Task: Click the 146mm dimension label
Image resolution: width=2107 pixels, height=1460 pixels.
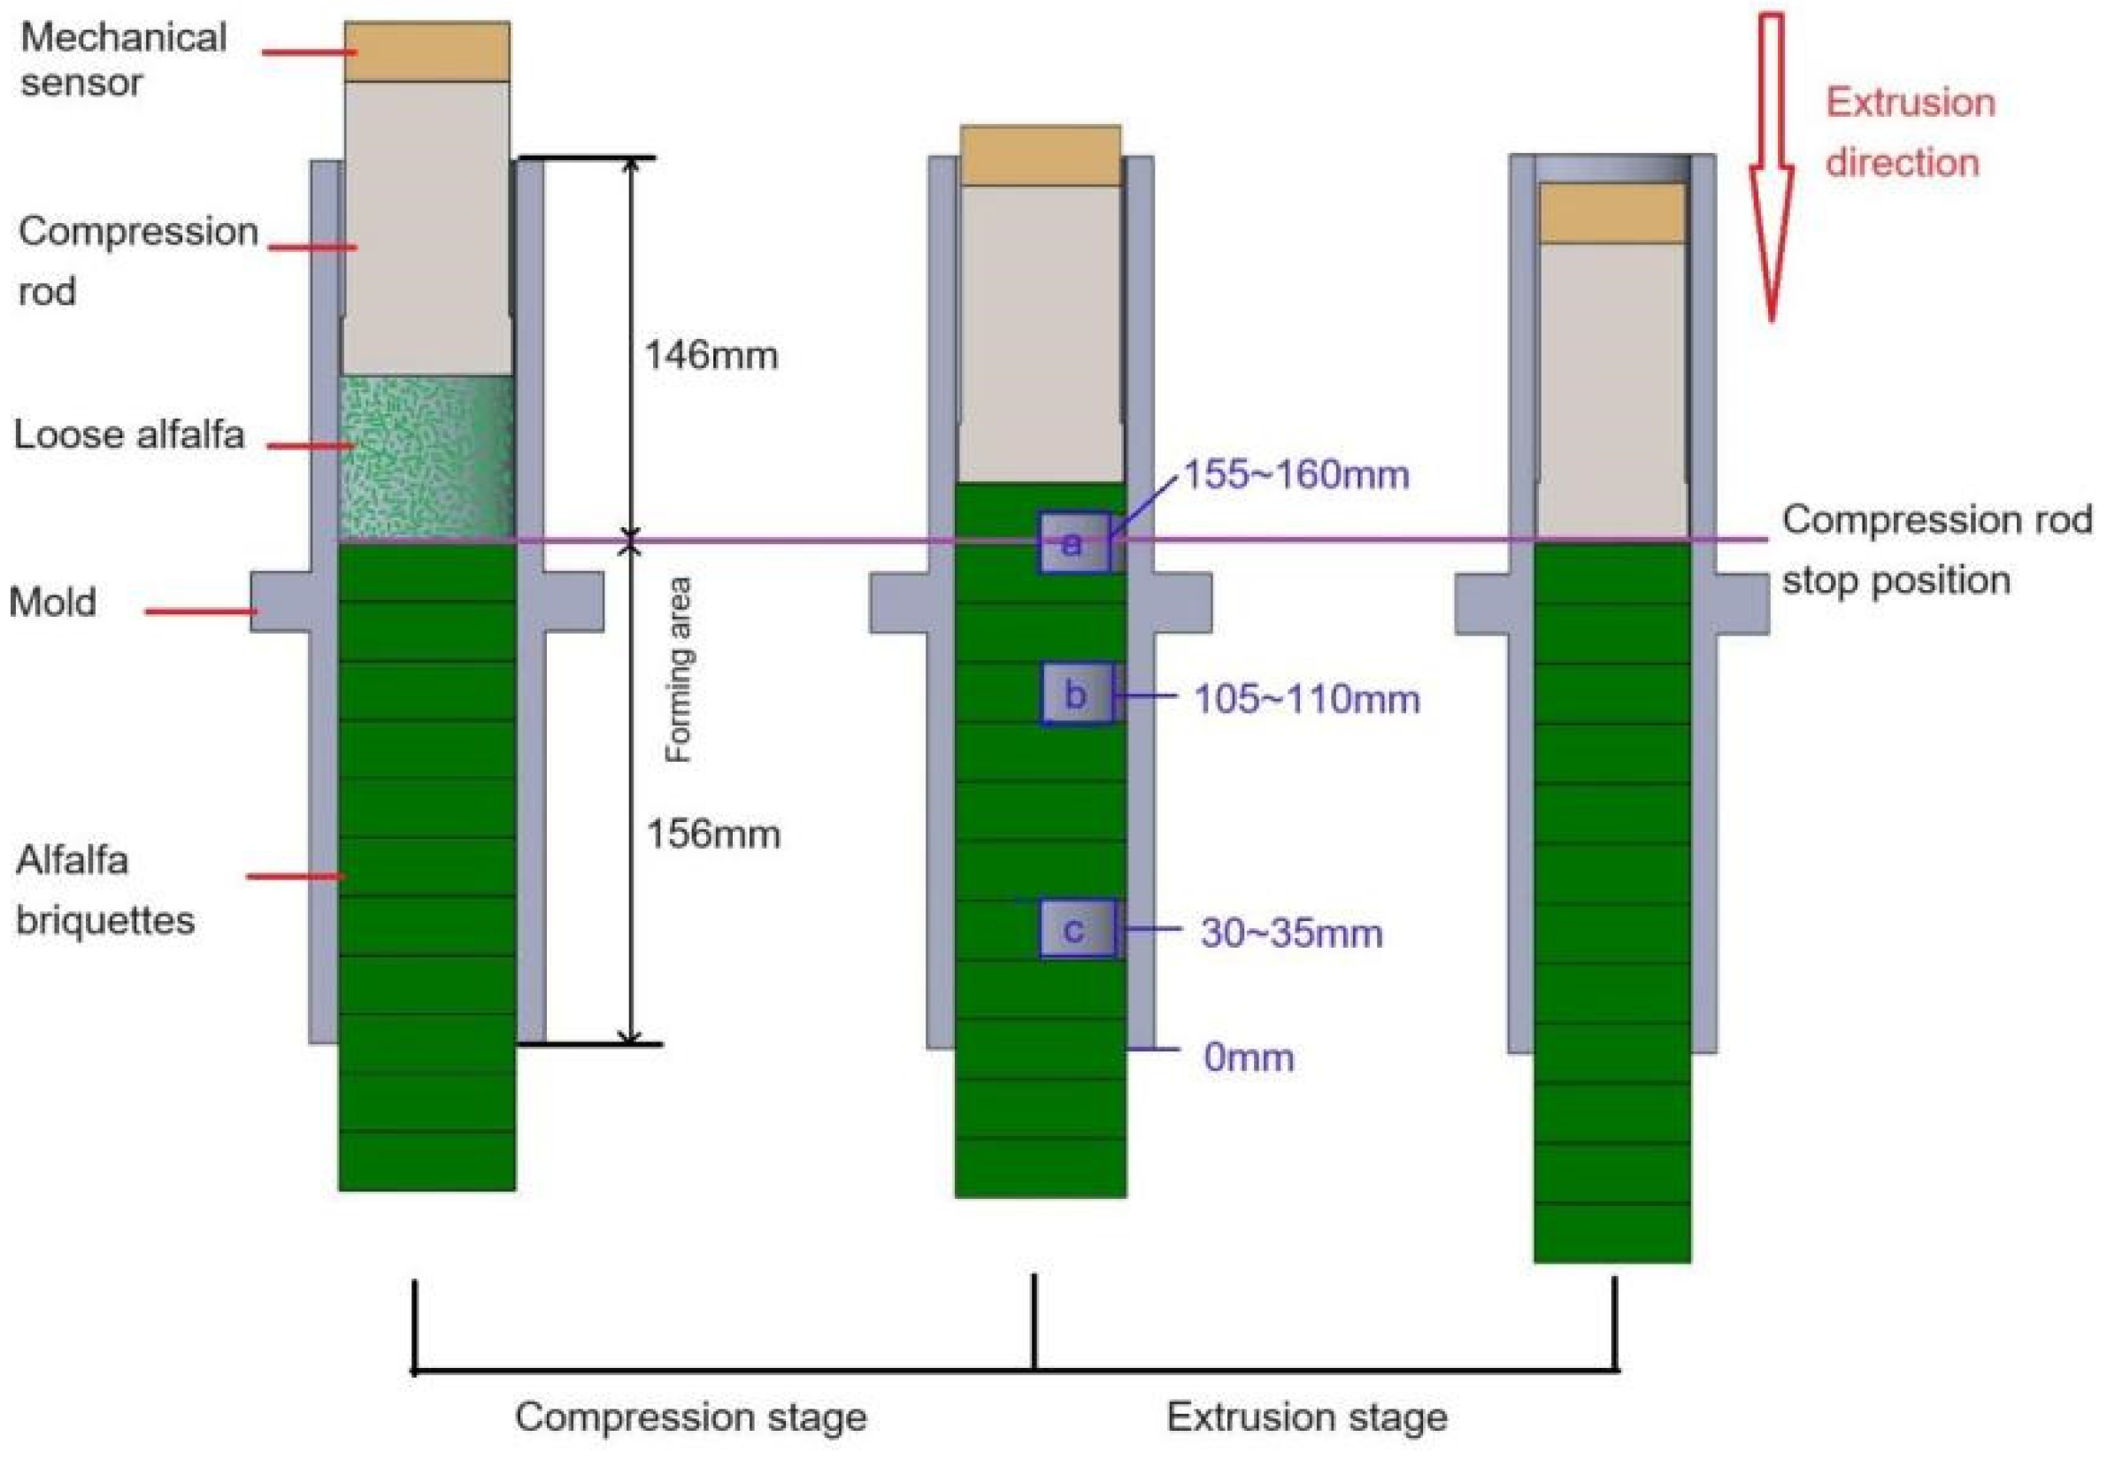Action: (x=711, y=355)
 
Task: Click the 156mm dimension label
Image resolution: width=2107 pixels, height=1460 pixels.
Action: (x=712, y=834)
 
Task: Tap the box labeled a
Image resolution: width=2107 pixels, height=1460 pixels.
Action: (x=1073, y=543)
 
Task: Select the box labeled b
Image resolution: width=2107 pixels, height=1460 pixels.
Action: (x=1076, y=695)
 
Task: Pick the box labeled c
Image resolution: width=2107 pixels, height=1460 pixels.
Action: (x=1076, y=929)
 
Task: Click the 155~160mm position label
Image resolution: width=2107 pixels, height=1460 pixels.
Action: (x=1296, y=475)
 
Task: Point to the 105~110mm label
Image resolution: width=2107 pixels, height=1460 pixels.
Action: (x=1306, y=700)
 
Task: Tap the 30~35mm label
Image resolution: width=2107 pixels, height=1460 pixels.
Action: (x=1291, y=934)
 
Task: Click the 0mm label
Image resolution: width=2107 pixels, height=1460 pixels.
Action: (x=1248, y=1057)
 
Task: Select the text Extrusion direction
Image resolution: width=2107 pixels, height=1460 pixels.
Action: (x=1910, y=133)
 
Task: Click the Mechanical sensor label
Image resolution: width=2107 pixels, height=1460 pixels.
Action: (x=123, y=59)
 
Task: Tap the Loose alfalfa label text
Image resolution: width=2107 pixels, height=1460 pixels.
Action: (x=129, y=434)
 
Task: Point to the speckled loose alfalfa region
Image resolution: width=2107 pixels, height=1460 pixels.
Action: (x=427, y=457)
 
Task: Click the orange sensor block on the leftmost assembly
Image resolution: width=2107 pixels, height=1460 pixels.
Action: (x=427, y=52)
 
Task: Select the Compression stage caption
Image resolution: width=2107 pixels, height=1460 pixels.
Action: (x=690, y=1417)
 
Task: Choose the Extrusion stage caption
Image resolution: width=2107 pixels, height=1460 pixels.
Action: (x=1306, y=1417)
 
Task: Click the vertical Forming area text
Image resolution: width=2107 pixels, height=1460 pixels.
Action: (x=678, y=670)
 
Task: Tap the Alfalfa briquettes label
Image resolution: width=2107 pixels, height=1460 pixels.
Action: (x=104, y=890)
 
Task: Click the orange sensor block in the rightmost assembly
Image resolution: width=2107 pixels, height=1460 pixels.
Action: (x=1612, y=213)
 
